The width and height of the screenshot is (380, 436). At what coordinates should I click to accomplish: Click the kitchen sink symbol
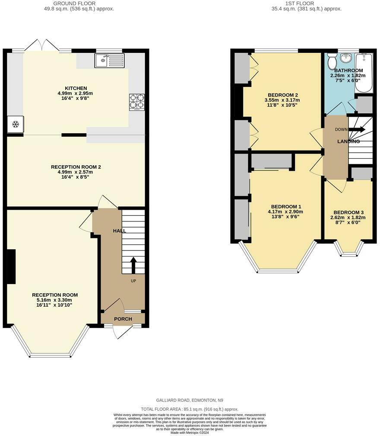point(109,61)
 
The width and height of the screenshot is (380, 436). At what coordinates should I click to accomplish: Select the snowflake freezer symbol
point(15,125)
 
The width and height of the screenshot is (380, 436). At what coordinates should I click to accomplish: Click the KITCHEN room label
point(76,88)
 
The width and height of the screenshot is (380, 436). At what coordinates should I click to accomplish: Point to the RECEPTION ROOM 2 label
point(76,167)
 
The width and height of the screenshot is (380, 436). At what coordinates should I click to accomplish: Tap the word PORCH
point(123,319)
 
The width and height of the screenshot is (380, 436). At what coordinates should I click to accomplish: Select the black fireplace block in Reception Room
point(11,267)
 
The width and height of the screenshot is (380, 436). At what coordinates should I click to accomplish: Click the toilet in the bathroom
point(332,62)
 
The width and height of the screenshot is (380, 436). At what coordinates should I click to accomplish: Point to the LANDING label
point(348,141)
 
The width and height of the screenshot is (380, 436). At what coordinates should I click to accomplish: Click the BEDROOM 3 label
point(348,212)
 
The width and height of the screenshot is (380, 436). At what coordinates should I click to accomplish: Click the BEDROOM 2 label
point(283,95)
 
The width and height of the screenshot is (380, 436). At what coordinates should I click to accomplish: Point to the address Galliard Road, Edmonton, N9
point(190,401)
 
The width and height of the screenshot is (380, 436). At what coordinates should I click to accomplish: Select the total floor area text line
point(190,409)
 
